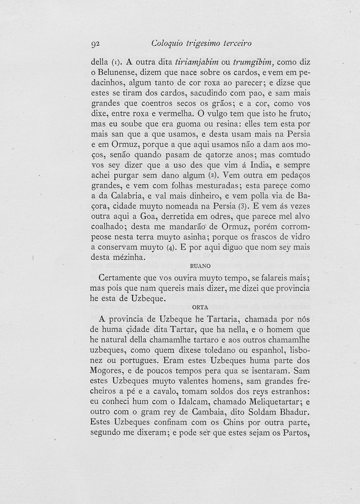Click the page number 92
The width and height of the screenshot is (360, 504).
(x=95, y=44)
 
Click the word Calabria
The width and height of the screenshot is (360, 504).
(x=123, y=196)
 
